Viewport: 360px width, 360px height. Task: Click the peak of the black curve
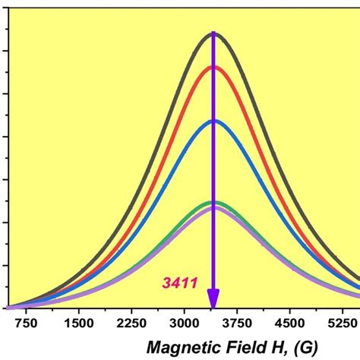[213, 33]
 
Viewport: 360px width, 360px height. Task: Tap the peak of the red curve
[213, 67]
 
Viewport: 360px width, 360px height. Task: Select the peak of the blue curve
[213, 121]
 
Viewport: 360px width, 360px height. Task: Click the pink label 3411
[179, 283]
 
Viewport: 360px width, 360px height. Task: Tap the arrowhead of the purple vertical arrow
[213, 299]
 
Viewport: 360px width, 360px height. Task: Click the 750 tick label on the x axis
[27, 323]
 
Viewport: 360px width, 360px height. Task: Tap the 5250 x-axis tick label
[344, 323]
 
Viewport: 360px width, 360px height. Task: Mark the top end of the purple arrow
[213, 34]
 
